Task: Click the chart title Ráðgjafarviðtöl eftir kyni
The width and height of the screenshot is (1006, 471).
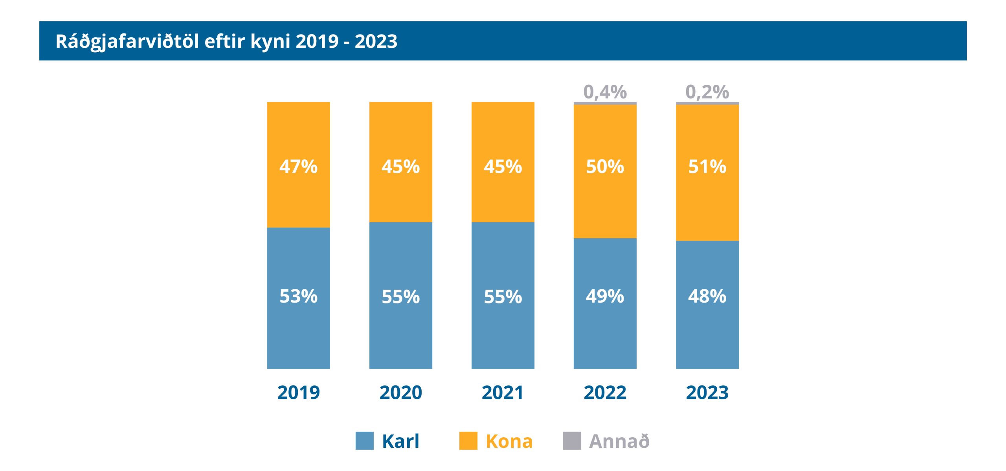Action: point(226,41)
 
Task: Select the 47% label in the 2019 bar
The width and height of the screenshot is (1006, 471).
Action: point(298,166)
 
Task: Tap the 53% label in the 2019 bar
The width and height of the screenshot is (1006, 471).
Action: point(298,296)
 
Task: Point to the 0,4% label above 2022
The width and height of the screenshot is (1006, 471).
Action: point(605,92)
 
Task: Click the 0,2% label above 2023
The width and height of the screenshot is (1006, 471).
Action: point(707,92)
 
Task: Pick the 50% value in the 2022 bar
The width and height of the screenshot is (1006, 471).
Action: point(605,166)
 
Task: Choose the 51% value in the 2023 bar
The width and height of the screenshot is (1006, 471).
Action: point(707,166)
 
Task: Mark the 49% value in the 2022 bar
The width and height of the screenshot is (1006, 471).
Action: point(605,296)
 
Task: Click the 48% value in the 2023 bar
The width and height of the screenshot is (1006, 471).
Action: point(707,296)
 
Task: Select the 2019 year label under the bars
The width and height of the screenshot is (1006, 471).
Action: point(298,392)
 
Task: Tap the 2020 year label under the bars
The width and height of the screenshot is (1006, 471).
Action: point(400,392)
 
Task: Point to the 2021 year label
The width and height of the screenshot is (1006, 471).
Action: point(503,392)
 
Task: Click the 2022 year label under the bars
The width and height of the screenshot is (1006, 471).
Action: point(605,392)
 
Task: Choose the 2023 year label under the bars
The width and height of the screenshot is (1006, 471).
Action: point(707,392)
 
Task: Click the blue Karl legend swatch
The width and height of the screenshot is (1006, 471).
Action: point(364,441)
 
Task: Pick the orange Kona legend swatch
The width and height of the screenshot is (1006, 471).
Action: point(468,441)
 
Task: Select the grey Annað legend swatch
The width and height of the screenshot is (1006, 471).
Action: point(572,441)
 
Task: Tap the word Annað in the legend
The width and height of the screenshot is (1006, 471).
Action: point(619,441)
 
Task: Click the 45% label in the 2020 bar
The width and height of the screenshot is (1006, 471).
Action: point(400,166)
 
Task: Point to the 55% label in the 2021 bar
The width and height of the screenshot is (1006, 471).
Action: point(503,297)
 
